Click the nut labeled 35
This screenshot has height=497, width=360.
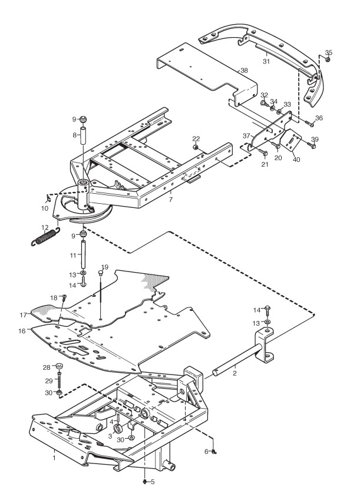[x=329, y=60]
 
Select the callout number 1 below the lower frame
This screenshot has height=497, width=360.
[x=54, y=456]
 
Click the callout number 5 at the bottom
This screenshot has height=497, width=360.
[x=152, y=482]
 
